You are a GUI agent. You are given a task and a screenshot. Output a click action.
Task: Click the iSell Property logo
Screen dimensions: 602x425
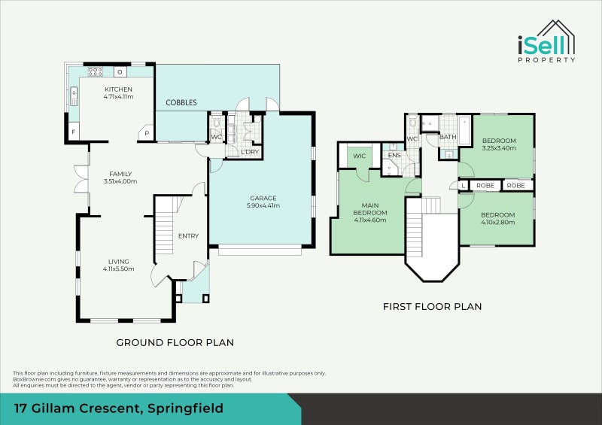tap(546, 41)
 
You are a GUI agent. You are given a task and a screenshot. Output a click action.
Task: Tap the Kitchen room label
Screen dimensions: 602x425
tap(118, 90)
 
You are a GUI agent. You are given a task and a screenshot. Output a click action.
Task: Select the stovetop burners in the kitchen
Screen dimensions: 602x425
tap(96, 71)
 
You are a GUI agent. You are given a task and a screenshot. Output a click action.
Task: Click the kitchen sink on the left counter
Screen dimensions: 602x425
tap(74, 96)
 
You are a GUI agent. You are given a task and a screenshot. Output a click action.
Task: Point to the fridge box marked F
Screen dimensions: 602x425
tap(74, 132)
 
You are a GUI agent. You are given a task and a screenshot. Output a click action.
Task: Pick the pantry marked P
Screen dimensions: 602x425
tap(146, 133)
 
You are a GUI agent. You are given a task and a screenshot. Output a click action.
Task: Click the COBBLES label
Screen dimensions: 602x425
tap(181, 102)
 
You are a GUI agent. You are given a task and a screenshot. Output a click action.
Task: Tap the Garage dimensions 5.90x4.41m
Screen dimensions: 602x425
tap(263, 205)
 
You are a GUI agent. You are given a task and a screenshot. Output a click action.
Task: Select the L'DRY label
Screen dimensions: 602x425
tap(250, 152)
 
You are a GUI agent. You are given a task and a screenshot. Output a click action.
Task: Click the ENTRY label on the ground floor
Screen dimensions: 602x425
tap(189, 235)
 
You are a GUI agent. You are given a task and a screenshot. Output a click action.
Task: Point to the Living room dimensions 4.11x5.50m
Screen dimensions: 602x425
tap(118, 269)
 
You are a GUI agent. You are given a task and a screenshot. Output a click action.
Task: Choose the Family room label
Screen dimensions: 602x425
tap(120, 174)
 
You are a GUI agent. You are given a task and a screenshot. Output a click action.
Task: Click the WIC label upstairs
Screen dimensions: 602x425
tap(360, 156)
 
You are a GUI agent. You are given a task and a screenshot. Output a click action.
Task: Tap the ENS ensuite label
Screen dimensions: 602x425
tap(394, 155)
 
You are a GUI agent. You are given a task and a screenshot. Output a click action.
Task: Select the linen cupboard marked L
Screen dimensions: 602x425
tap(464, 186)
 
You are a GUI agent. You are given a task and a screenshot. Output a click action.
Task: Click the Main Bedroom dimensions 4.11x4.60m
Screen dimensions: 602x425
tap(370, 220)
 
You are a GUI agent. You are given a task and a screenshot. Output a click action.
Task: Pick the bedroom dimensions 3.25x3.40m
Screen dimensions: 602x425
tap(499, 147)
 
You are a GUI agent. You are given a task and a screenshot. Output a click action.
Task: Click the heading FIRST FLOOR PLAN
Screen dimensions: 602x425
tap(432, 306)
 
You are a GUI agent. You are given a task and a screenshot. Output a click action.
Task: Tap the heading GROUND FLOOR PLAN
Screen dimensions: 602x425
tap(175, 342)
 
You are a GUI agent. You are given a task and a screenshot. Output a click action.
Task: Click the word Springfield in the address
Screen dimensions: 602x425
tap(185, 408)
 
